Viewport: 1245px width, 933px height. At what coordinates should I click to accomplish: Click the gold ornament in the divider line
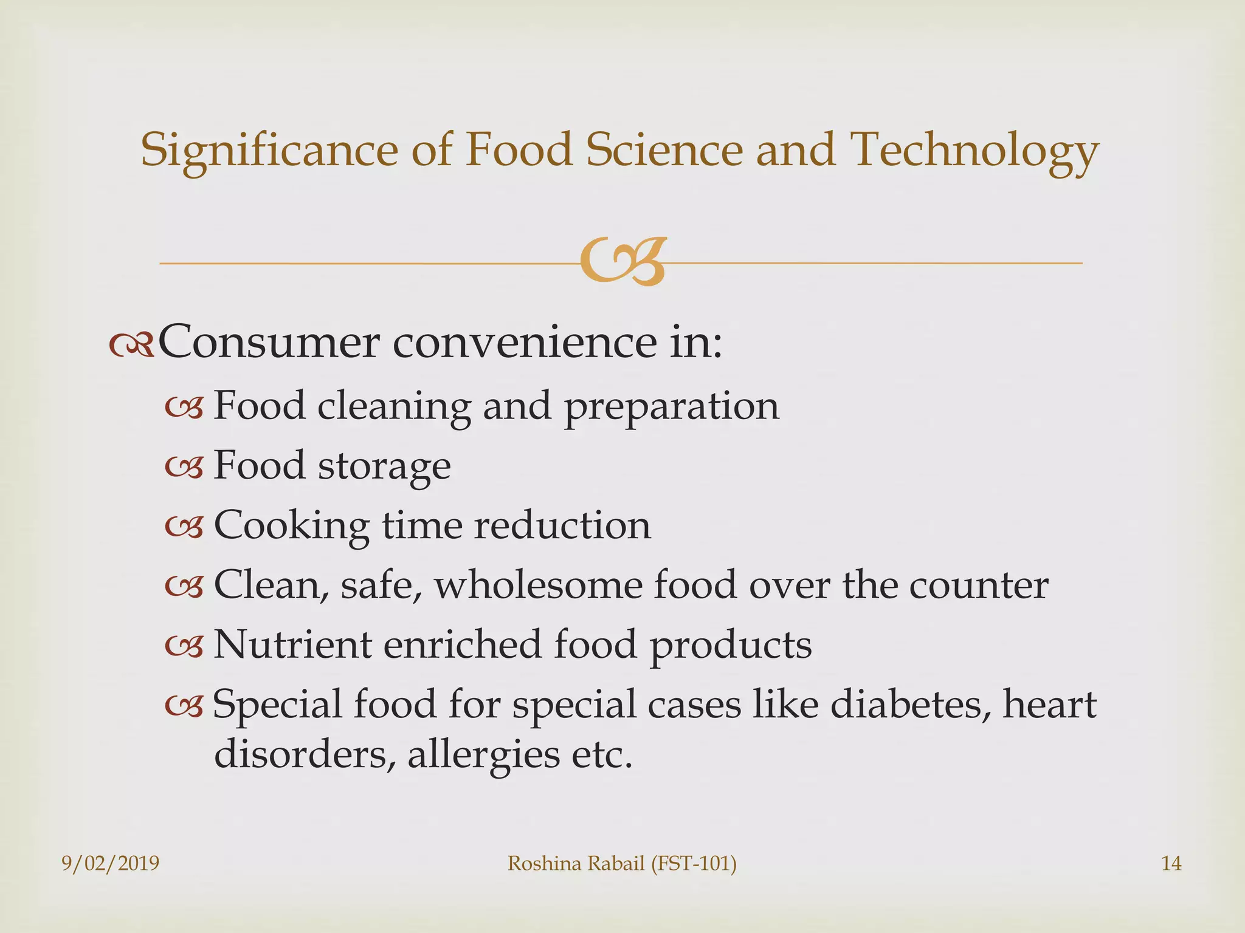pyautogui.click(x=622, y=262)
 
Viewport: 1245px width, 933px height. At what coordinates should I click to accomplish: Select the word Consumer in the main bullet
pyautogui.click(x=268, y=343)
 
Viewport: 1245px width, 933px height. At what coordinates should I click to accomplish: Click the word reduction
pyautogui.click(x=562, y=525)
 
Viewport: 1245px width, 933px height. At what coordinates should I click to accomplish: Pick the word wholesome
pyautogui.click(x=538, y=585)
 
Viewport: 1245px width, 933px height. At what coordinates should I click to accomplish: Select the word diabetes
pyautogui.click(x=906, y=705)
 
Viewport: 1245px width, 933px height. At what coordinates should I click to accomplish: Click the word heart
pyautogui.click(x=1049, y=705)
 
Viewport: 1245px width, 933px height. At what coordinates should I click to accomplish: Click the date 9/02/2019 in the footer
pyautogui.click(x=111, y=863)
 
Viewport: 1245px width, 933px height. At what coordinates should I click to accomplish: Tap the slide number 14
pyautogui.click(x=1171, y=863)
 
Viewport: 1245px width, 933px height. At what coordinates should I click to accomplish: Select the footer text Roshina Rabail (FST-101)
pyautogui.click(x=622, y=863)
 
